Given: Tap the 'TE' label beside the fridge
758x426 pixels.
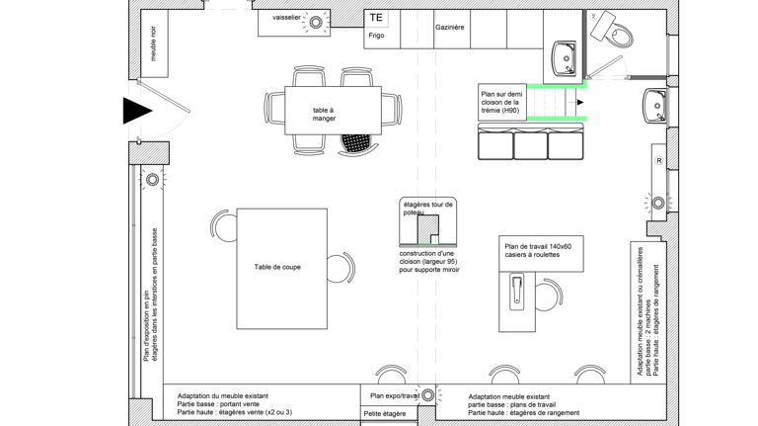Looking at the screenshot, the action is click(376, 18).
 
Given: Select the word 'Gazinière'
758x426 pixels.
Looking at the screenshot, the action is click(450, 28).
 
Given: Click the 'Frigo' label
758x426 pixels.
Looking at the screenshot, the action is click(376, 36).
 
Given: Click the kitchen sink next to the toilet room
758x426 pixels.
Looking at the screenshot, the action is click(565, 58).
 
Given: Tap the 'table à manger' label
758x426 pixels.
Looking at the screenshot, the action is click(324, 115).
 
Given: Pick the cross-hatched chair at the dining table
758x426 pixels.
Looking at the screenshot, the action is click(356, 144).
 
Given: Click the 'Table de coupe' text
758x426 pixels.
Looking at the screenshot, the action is click(277, 267).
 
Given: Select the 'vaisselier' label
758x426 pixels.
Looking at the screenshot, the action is click(286, 18).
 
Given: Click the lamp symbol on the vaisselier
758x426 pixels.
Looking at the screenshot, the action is click(316, 22).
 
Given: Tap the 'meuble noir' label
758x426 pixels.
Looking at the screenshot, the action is click(154, 43).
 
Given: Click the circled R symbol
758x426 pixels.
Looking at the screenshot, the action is click(659, 161).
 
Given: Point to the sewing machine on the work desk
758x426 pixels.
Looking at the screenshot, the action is click(517, 292).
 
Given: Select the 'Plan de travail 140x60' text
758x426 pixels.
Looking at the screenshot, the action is click(538, 246).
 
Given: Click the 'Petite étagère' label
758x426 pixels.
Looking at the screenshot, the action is click(385, 414).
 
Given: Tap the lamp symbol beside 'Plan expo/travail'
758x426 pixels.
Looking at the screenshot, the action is click(427, 395).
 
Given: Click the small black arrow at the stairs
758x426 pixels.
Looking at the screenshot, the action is click(580, 102).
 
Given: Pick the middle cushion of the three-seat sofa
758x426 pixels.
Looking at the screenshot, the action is click(530, 143).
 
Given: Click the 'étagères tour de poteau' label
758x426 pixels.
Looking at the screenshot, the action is click(427, 209).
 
